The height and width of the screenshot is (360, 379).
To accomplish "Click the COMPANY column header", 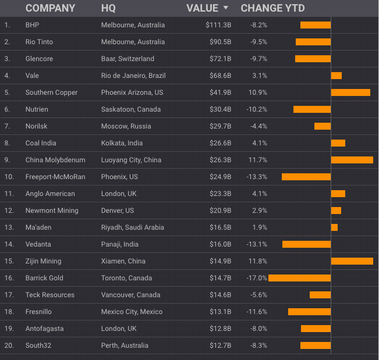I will click(50, 8).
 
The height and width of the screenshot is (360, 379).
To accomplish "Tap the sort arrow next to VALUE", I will click(226, 8).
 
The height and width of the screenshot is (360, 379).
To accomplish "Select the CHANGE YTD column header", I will click(272, 8).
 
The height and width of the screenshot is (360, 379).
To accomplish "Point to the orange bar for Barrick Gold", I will click(299, 278).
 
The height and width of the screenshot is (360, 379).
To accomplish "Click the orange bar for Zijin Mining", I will click(352, 261).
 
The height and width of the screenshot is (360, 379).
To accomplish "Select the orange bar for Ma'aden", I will click(334, 227).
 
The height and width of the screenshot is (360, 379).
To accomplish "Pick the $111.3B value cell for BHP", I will click(218, 25).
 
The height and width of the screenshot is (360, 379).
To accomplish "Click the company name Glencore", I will click(40, 59).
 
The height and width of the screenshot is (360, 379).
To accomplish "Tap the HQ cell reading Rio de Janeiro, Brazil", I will click(133, 76).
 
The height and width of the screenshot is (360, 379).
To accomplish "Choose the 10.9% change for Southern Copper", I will click(258, 92).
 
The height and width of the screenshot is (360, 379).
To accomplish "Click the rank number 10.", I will click(8, 177).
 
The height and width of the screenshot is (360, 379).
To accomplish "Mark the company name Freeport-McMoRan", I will click(55, 177).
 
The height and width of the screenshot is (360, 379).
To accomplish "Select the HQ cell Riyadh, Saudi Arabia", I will click(132, 227).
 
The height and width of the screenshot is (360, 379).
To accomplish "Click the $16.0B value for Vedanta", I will click(220, 244).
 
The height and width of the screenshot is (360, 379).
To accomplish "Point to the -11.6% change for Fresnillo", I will click(256, 312).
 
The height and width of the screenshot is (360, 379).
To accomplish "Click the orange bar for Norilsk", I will click(323, 126).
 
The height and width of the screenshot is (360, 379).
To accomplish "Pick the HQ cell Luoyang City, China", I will click(131, 160).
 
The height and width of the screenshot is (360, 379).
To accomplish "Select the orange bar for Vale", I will click(337, 76).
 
